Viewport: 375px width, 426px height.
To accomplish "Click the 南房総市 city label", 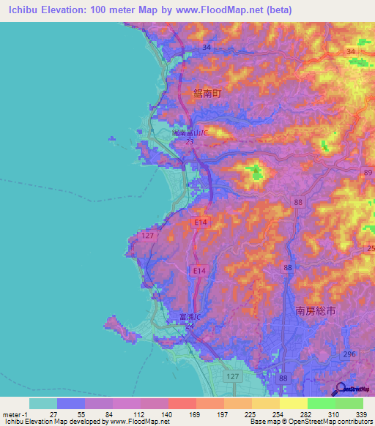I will coord(314,311).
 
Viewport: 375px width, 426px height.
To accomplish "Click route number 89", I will coord(366,172).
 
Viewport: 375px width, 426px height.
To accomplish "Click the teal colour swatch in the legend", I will coord(42,403).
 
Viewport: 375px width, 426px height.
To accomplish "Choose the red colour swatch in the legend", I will coord(182,403).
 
